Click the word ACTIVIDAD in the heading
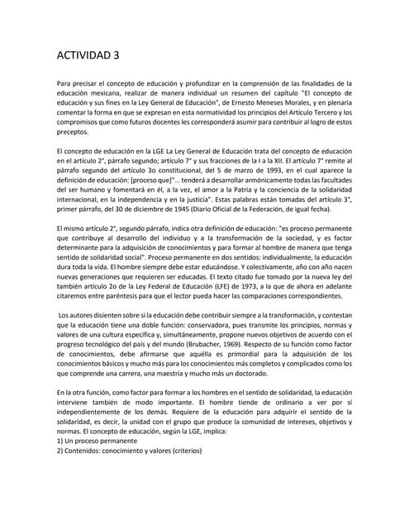81,55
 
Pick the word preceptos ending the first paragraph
72,130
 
